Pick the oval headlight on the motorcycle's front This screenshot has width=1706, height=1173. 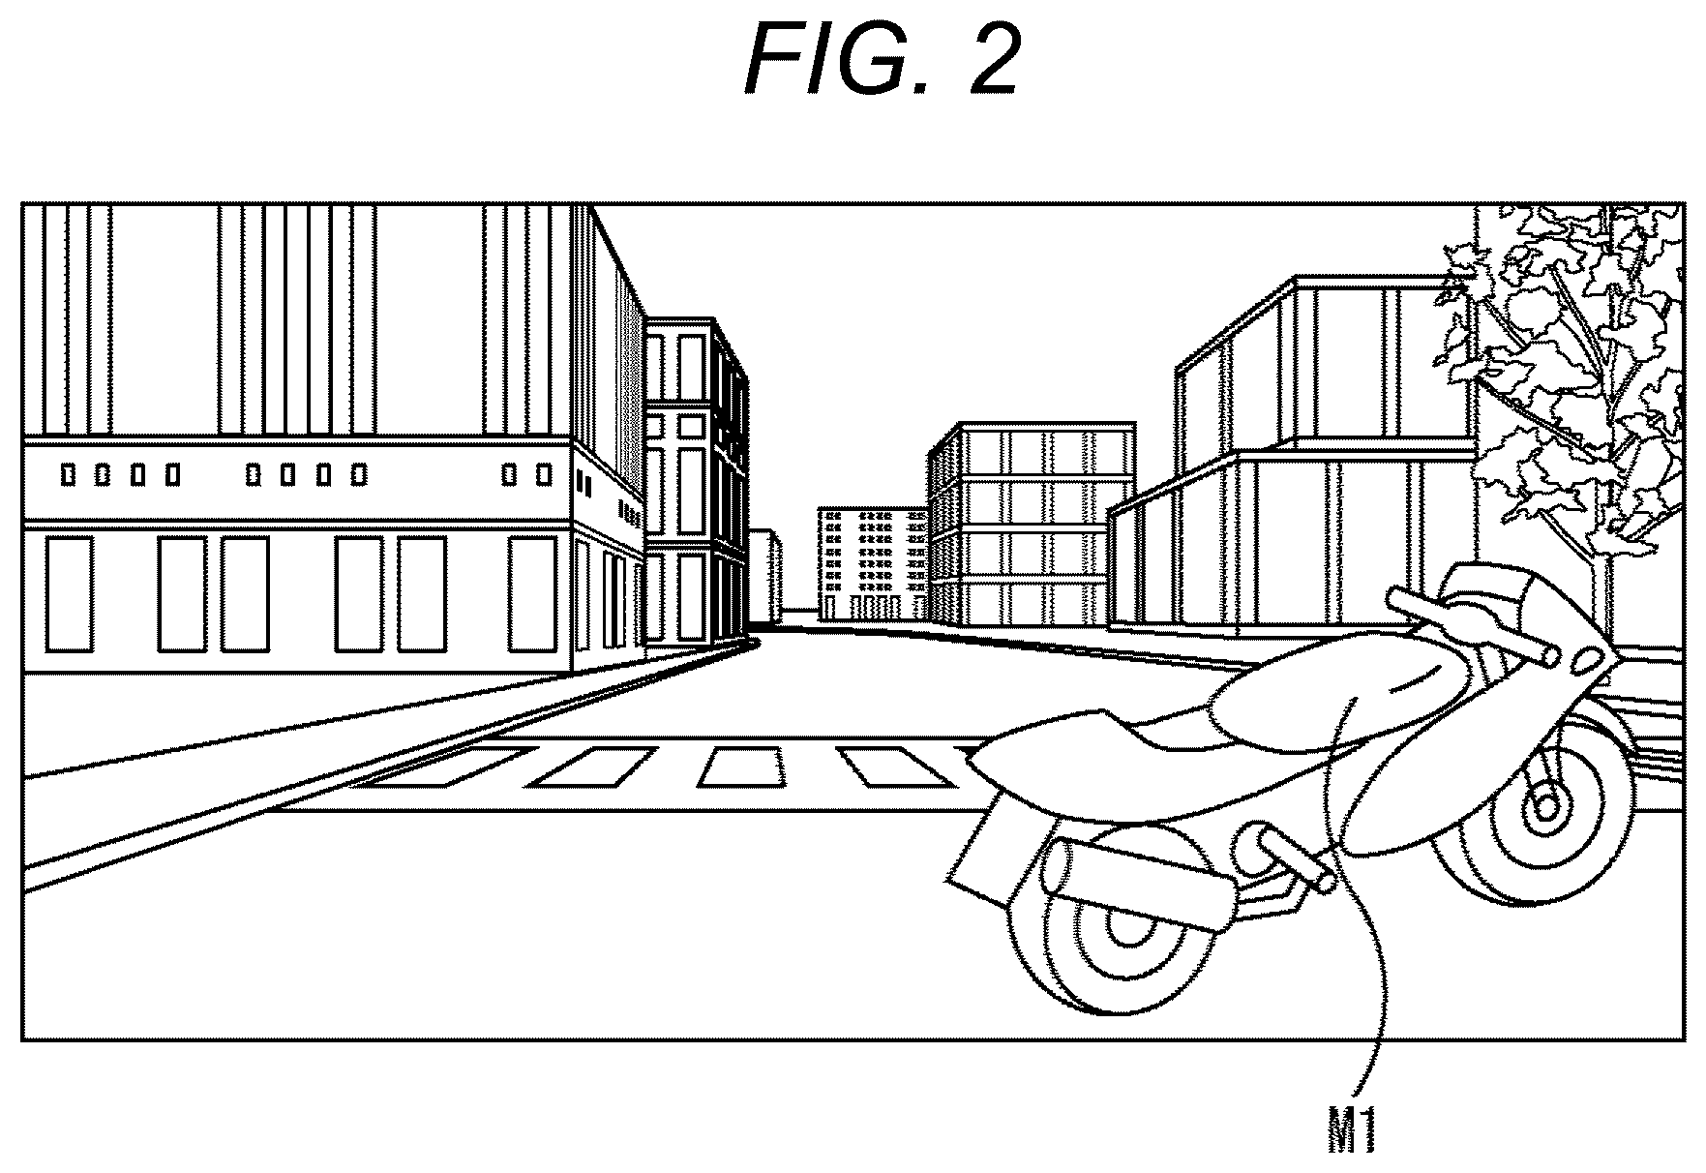tap(1590, 659)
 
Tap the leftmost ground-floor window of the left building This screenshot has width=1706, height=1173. tap(70, 594)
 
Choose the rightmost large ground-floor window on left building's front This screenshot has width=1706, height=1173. tap(531, 594)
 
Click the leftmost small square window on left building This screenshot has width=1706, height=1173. tap(69, 475)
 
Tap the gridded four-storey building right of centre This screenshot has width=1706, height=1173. tap(1031, 523)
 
